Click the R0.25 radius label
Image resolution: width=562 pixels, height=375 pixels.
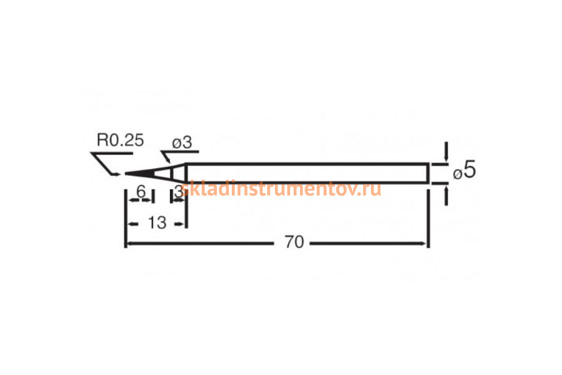pyautogui.click(x=120, y=140)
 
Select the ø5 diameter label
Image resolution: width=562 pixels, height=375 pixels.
pyautogui.click(x=465, y=171)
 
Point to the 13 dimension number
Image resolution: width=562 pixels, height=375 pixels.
pyautogui.click(x=157, y=224)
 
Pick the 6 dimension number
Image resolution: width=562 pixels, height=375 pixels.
pyautogui.click(x=140, y=191)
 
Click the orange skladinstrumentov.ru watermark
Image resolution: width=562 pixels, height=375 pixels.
pyautogui.click(x=280, y=189)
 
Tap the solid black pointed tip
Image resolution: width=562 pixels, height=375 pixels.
pyautogui.click(x=138, y=174)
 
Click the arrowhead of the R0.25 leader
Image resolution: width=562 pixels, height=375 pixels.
pyautogui.click(x=115, y=174)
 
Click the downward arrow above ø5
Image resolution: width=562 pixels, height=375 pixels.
pyautogui.click(x=446, y=155)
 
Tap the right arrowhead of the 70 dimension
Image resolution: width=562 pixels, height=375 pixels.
pyautogui.click(x=424, y=243)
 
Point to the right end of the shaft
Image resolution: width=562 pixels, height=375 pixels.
pyautogui.click(x=428, y=173)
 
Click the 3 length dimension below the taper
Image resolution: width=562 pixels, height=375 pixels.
pyautogui.click(x=178, y=191)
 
